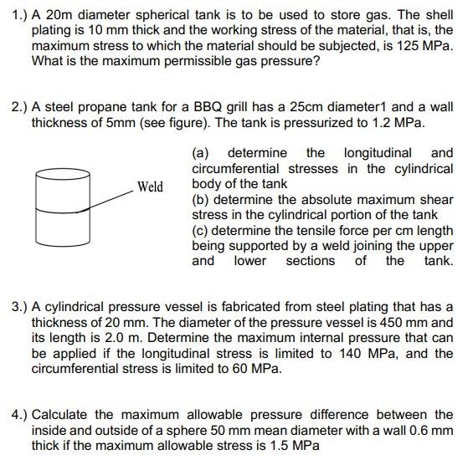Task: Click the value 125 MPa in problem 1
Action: point(427,46)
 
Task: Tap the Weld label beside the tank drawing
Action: point(151,186)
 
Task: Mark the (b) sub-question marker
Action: point(201,199)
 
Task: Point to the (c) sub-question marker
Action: point(201,230)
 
